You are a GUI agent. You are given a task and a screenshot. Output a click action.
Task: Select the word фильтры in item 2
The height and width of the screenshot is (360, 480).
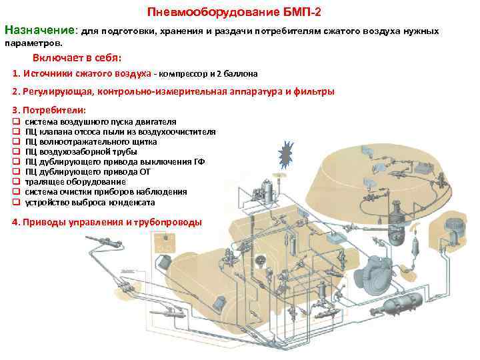coord(315,91)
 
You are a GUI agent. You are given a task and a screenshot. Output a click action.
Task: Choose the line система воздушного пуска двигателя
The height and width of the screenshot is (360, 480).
coord(100,122)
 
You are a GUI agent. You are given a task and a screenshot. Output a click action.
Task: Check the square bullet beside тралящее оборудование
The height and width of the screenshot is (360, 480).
coord(17,182)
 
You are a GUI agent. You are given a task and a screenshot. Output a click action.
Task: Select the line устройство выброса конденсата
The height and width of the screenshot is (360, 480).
coord(90,202)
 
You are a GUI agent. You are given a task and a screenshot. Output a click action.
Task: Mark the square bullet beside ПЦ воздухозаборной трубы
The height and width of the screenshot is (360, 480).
coord(17,152)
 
